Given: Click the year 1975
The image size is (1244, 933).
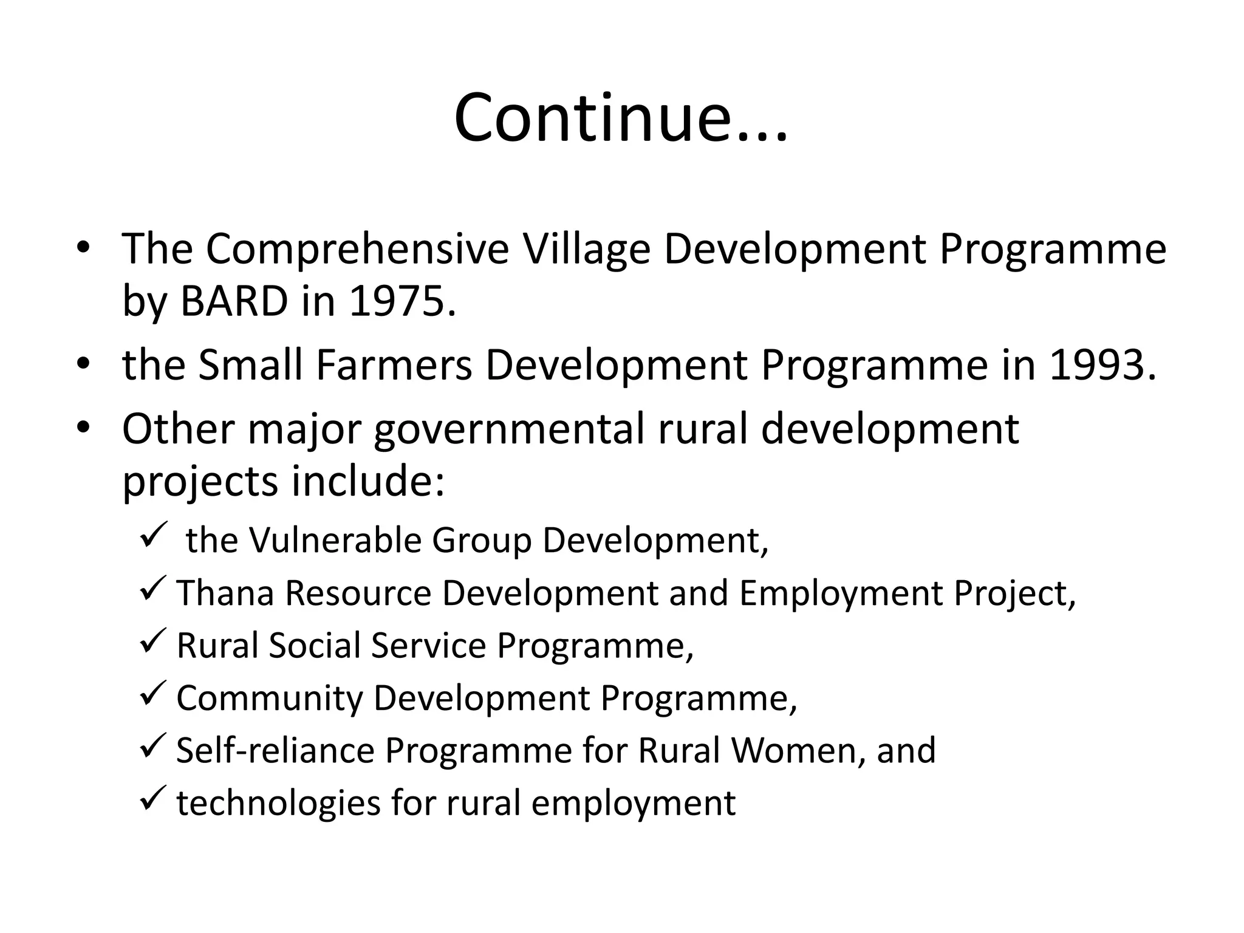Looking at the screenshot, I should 402,301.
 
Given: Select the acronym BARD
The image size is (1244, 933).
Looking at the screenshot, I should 234,301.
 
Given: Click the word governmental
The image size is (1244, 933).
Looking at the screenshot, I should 509,430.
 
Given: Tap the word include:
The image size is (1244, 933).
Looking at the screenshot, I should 368,480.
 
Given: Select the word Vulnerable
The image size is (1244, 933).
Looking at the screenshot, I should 335,540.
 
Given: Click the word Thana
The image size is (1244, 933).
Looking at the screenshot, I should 225,593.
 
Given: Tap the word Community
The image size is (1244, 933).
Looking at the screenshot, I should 269,698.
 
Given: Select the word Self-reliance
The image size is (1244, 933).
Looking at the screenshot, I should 275,750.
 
